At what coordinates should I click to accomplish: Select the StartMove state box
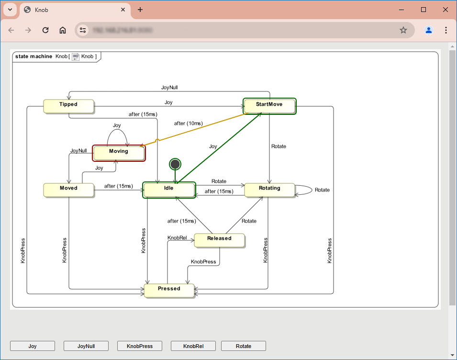coord(269,106)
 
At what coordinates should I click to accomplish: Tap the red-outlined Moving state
coord(119,153)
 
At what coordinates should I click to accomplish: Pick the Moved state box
coord(68,190)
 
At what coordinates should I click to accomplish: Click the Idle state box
coord(169,190)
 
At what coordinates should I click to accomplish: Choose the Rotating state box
coord(269,190)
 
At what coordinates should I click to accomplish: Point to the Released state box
coord(219,240)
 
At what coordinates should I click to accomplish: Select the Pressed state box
coord(169,290)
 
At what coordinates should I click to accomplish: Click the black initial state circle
coord(175,164)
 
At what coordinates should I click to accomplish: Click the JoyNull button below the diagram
coord(86,346)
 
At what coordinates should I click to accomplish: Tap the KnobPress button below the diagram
coord(139,346)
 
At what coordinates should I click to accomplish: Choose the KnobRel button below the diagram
coord(193,346)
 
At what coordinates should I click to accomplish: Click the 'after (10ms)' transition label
coord(188,124)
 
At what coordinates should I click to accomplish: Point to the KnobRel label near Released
coord(177,238)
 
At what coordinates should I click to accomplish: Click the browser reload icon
coord(45,30)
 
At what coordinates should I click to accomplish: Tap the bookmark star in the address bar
coord(403,30)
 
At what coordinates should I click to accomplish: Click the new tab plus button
coord(140,10)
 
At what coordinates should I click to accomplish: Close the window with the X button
coord(445,10)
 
